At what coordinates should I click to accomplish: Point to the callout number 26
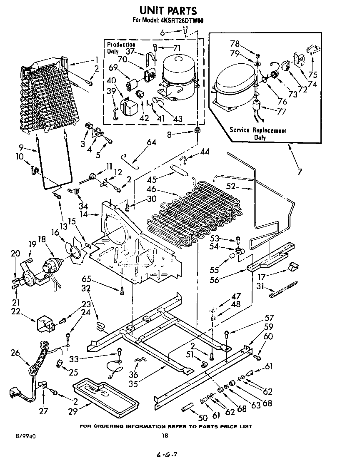pos(15,353)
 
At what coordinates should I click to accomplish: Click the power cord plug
pos(17,393)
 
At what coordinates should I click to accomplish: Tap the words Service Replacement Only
pos(258,134)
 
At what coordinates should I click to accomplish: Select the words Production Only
pos(120,48)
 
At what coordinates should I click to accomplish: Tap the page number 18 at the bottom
pos(165,436)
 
